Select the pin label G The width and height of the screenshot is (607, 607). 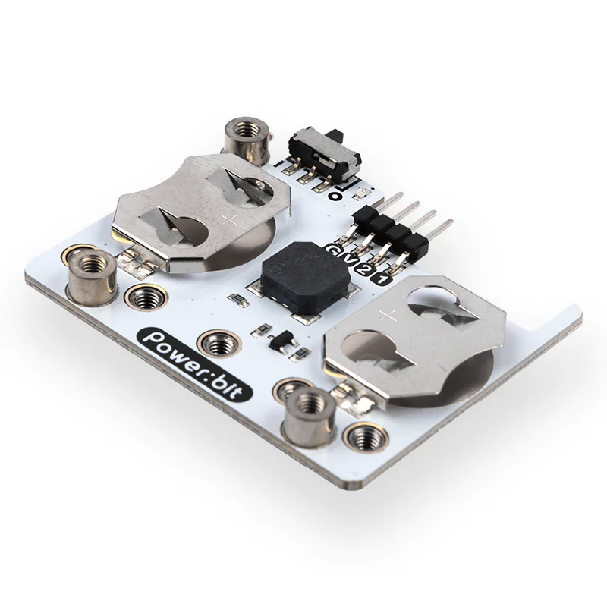tap(334, 250)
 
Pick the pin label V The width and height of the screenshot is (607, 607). tap(349, 259)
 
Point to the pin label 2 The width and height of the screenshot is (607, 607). tap(365, 269)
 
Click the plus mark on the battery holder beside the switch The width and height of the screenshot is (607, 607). tap(230, 219)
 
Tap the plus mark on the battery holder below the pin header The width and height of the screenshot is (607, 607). tap(388, 316)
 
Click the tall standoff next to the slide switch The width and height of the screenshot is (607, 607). tap(247, 141)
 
